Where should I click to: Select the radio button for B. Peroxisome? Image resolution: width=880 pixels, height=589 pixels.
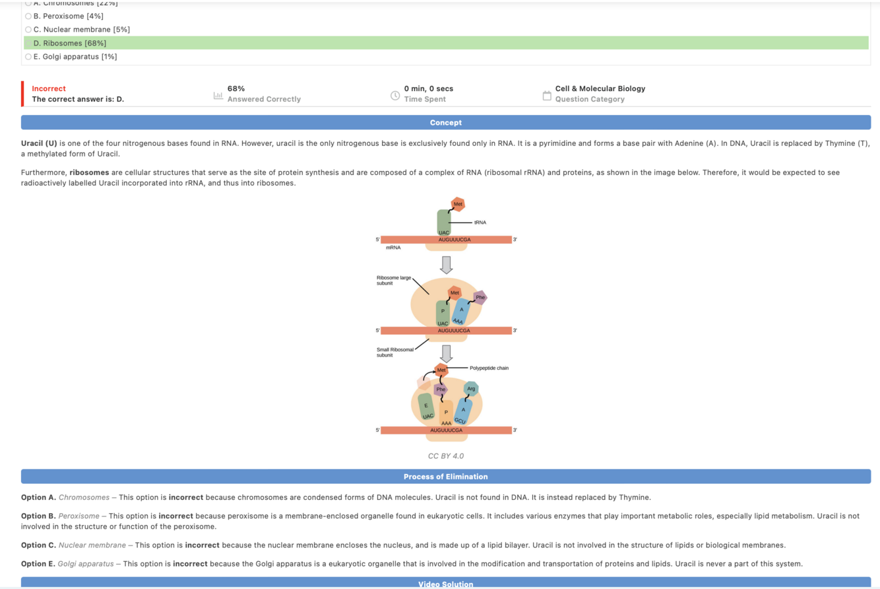click(x=28, y=16)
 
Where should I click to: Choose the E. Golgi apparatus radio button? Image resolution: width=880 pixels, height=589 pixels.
click(x=28, y=57)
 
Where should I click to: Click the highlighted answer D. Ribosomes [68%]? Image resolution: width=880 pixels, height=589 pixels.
click(x=70, y=43)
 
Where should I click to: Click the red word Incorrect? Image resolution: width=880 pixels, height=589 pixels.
click(x=49, y=88)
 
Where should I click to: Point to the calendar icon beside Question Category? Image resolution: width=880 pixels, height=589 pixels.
click(x=546, y=95)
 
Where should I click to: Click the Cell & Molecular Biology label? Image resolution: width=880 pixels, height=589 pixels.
click(x=600, y=88)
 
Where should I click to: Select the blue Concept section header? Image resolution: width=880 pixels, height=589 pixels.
click(x=445, y=123)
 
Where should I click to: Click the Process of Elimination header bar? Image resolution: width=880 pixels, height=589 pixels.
click(x=445, y=477)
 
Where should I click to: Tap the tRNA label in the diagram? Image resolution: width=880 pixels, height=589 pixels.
click(x=480, y=223)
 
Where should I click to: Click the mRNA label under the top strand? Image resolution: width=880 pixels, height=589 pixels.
click(x=393, y=249)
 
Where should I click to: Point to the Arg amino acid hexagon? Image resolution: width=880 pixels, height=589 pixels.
click(x=471, y=388)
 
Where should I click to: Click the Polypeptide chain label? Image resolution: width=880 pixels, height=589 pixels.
click(x=489, y=368)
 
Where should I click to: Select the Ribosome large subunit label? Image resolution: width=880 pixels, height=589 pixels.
click(x=394, y=281)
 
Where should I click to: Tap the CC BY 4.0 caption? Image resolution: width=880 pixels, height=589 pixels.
click(x=446, y=456)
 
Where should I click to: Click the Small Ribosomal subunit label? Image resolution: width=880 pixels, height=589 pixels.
click(x=395, y=352)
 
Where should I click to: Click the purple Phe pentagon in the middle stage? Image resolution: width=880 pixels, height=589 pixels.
click(x=480, y=298)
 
